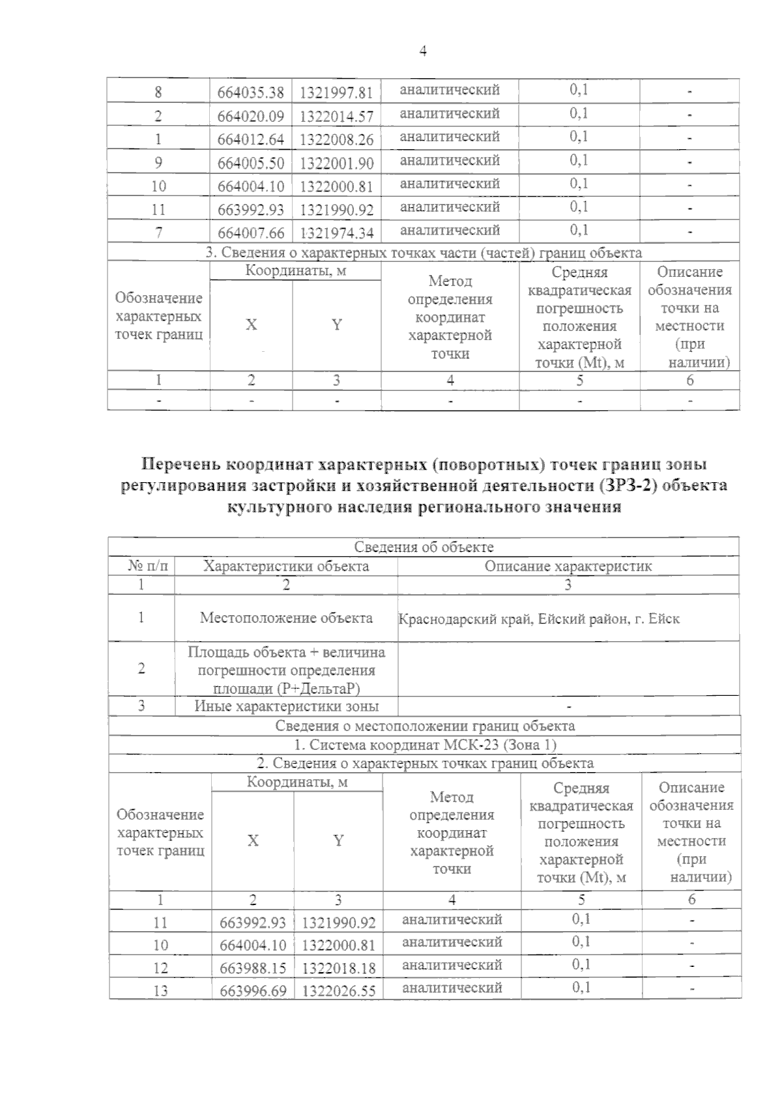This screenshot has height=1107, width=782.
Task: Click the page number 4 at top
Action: (423, 51)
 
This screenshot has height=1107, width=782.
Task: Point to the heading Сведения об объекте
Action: (424, 547)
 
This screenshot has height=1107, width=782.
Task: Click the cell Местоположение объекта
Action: (286, 618)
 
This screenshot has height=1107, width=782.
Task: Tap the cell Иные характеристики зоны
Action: (286, 706)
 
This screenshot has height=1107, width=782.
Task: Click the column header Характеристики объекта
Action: (286, 566)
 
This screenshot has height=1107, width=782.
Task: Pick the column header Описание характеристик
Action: (568, 566)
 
